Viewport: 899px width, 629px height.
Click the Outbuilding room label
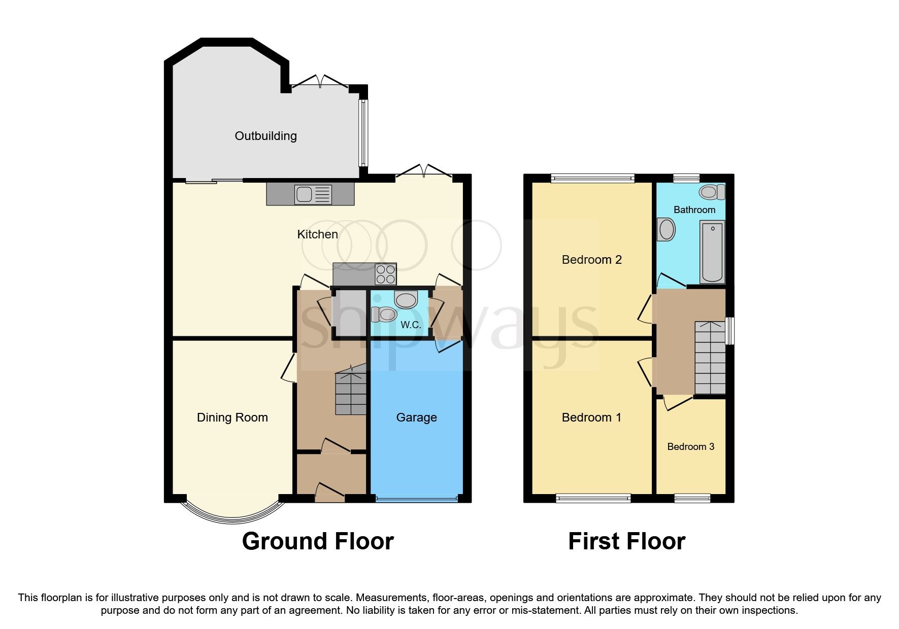[265, 136]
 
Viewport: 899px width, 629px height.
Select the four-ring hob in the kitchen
[385, 274]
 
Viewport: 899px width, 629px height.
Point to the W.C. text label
[411, 325]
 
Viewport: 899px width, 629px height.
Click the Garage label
[416, 417]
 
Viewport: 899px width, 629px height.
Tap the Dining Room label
[232, 417]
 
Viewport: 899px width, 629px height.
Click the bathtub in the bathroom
[712, 251]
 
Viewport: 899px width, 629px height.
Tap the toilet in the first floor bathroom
[711, 192]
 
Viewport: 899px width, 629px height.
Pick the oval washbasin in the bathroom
[666, 229]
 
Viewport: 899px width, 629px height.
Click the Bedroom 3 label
[690, 447]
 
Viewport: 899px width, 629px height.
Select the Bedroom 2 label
[591, 260]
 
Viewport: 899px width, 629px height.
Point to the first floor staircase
[710, 358]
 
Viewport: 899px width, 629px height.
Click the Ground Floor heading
[318, 541]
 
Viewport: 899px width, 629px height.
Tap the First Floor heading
[626, 541]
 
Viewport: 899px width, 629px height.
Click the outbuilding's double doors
[320, 84]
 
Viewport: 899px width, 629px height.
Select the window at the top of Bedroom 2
[592, 178]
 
